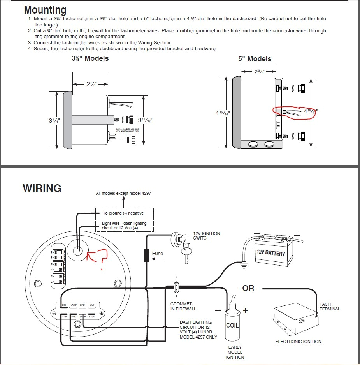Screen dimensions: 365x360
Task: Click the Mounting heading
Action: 45,10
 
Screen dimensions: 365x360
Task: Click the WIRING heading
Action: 42,189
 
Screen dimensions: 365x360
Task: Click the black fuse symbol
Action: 146,256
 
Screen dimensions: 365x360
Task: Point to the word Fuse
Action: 158,254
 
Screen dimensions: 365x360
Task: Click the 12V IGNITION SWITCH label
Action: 207,236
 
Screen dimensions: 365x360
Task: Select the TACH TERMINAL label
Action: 330,307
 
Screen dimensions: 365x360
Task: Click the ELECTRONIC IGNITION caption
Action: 298,342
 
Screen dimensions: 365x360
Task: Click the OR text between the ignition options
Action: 248,289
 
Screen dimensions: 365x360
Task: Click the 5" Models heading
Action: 255,59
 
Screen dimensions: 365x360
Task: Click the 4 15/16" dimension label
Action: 223,113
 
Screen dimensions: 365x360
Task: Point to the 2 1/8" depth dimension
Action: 91,84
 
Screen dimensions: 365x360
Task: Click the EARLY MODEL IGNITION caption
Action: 235,352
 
